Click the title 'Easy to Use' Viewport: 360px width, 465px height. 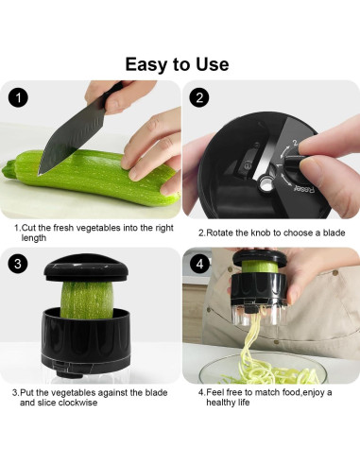point(177,64)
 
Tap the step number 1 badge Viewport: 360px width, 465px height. point(20,98)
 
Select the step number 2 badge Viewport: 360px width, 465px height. point(200,98)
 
